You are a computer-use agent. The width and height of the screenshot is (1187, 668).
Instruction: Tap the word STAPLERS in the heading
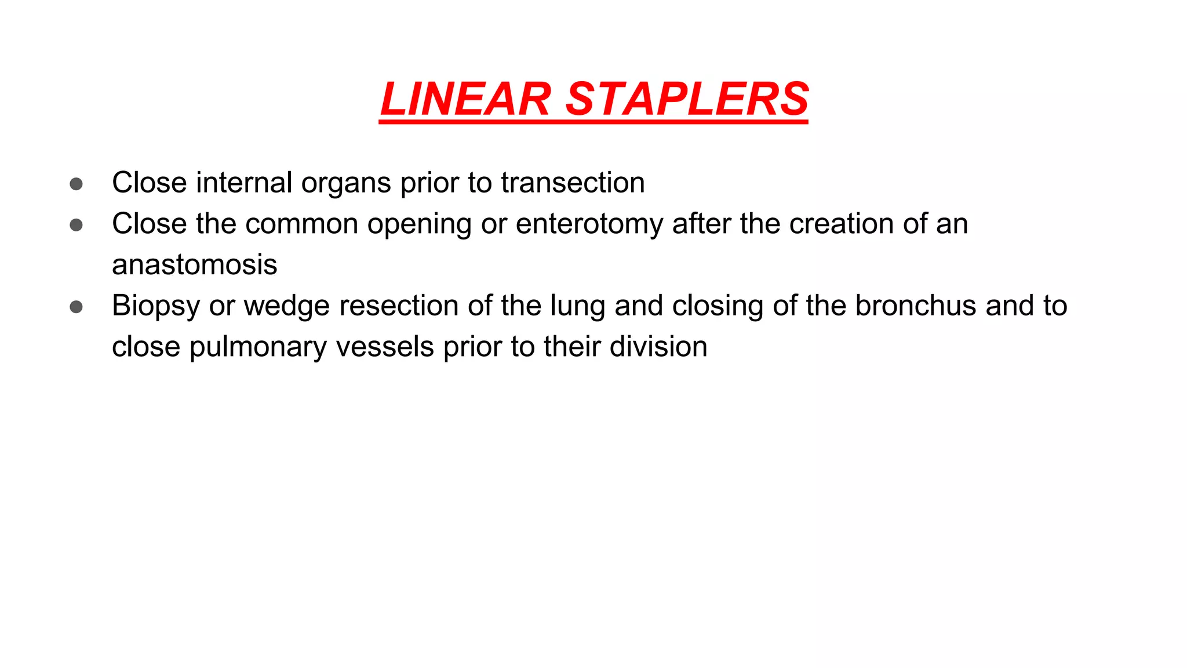(x=686, y=99)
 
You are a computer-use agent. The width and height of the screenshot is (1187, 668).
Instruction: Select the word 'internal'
(x=244, y=183)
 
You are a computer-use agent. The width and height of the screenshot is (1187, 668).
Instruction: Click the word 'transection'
(x=573, y=183)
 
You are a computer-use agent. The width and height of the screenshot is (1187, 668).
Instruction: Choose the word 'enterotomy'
(x=589, y=225)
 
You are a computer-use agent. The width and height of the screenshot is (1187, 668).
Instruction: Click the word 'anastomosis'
(x=195, y=265)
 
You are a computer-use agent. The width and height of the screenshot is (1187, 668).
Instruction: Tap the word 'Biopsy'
(x=156, y=306)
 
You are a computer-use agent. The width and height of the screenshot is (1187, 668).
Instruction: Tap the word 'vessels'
(x=385, y=347)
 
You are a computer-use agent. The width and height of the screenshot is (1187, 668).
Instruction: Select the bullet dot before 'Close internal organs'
(x=76, y=184)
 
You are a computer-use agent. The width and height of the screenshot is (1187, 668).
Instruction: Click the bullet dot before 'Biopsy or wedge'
(x=76, y=307)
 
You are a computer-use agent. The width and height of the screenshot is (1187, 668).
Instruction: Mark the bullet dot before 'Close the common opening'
(x=76, y=225)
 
